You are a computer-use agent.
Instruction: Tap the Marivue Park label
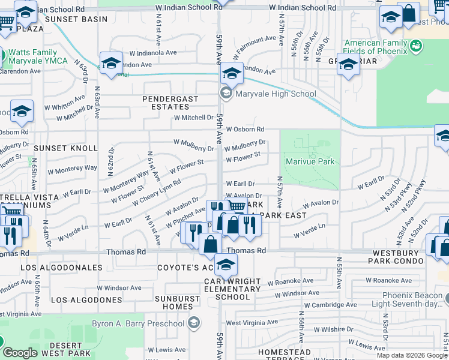pyautogui.click(x=310, y=162)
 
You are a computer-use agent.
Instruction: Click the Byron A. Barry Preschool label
pyautogui.click(x=137, y=324)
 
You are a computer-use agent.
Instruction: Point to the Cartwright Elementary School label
pyautogui.click(x=232, y=289)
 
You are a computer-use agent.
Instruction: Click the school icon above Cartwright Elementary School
pyautogui.click(x=226, y=264)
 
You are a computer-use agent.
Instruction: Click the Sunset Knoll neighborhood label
pyautogui.click(x=65, y=148)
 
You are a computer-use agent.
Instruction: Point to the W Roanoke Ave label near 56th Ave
pyautogui.click(x=291, y=281)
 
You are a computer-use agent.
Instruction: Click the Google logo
pyautogui.click(x=20, y=353)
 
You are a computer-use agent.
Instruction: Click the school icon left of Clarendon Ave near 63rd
pyautogui.click(x=111, y=64)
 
